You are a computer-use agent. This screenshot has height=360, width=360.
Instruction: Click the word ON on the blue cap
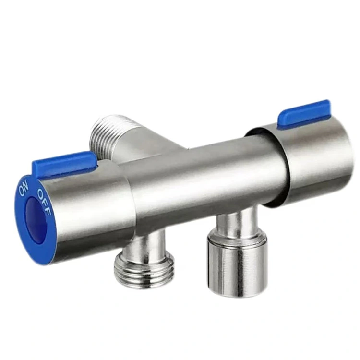[23, 188]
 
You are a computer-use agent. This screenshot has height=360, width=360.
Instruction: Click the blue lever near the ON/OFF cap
[64, 163]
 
